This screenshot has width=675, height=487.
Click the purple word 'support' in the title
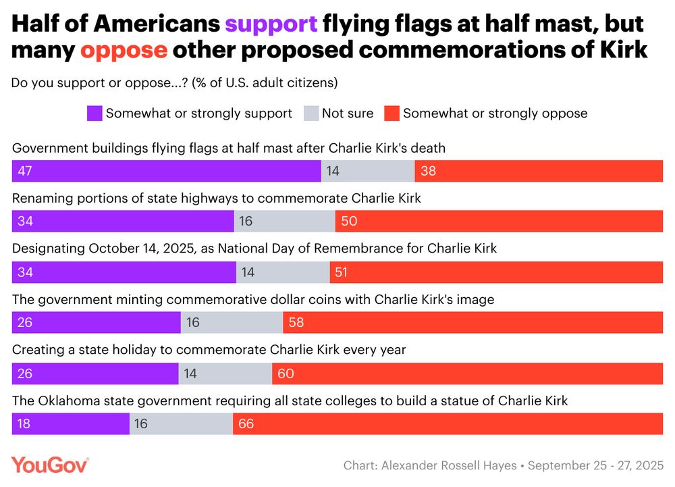271,24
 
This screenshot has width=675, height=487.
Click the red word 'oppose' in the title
124,50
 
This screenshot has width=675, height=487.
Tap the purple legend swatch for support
94,113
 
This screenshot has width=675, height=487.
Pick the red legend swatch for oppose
391,113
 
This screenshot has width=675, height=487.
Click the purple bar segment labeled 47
166,171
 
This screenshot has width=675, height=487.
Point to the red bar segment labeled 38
539,171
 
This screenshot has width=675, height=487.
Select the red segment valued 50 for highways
499,221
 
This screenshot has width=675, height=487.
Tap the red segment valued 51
496,272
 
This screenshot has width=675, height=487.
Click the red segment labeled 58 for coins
473,322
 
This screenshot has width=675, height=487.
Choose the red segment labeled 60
467,373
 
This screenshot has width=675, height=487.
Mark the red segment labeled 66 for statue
448,424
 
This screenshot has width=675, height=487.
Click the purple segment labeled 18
71,424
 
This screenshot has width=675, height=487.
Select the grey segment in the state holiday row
225,373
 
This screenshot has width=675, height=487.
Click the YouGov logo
50,465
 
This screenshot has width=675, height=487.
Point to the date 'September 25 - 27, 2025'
595,466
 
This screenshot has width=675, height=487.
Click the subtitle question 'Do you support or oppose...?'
99,83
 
